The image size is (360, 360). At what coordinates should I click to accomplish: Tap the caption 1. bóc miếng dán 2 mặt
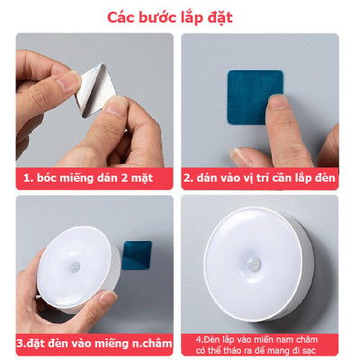(x=88, y=178)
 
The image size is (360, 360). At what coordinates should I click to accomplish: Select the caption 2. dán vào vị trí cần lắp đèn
(x=260, y=178)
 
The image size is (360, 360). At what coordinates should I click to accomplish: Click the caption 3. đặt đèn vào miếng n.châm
(x=88, y=342)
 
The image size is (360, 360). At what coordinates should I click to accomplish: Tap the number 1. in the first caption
(x=30, y=178)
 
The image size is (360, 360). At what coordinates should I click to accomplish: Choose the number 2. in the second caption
(x=188, y=178)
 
